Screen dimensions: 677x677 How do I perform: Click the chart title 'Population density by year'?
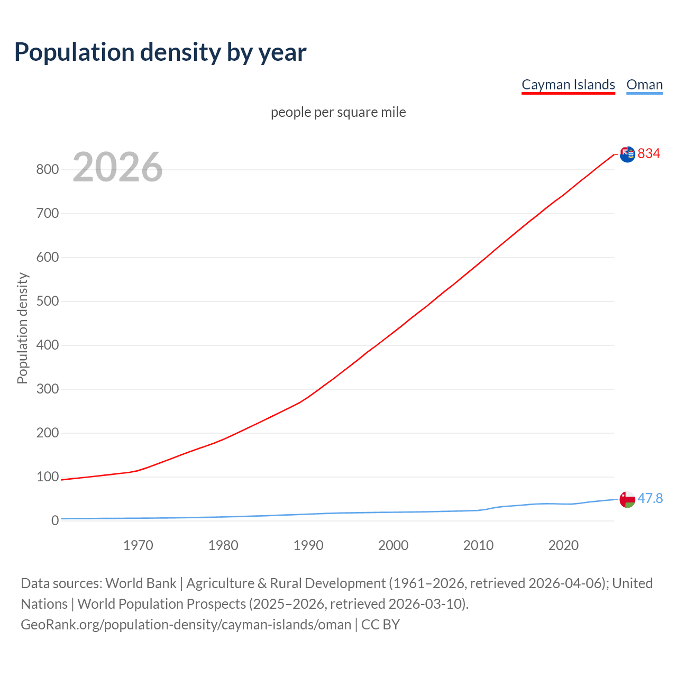pyautogui.click(x=160, y=52)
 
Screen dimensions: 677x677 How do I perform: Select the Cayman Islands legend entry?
pyautogui.click(x=568, y=85)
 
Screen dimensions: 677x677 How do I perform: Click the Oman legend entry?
pyautogui.click(x=644, y=85)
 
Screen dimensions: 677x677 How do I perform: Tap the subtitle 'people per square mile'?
pyautogui.click(x=338, y=112)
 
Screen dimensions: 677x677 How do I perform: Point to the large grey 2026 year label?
pyautogui.click(x=117, y=167)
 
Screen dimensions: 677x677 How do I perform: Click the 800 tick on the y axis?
pyautogui.click(x=47, y=170)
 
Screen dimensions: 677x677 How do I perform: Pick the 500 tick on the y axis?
pyautogui.click(x=47, y=301)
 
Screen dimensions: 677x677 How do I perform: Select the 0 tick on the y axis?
pyautogui.click(x=54, y=521)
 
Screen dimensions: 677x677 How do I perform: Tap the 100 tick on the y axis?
pyautogui.click(x=47, y=477)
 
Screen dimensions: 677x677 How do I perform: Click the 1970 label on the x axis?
pyautogui.click(x=138, y=545)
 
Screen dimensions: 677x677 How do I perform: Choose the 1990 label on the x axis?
pyautogui.click(x=308, y=545)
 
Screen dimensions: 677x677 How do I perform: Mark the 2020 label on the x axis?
pyautogui.click(x=563, y=545)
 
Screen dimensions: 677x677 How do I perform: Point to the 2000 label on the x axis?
pyautogui.click(x=394, y=545)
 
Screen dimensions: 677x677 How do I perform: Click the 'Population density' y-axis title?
pyautogui.click(x=22, y=328)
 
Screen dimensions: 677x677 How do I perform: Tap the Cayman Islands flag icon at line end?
pyautogui.click(x=627, y=154)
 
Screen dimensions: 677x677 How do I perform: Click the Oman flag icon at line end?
pyautogui.click(x=627, y=499)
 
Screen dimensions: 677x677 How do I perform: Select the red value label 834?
pyautogui.click(x=649, y=153)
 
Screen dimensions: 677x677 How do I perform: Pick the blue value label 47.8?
pyautogui.click(x=650, y=499)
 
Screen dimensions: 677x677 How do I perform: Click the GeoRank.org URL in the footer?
pyautogui.click(x=186, y=625)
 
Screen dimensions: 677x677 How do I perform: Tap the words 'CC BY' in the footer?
pyautogui.click(x=380, y=625)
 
